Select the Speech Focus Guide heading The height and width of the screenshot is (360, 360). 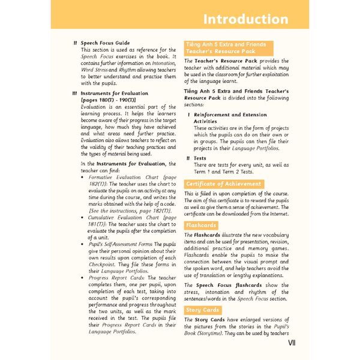(x=105, y=43)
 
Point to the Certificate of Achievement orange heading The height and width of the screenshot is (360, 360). (x=224, y=184)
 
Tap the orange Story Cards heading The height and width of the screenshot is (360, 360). (x=202, y=310)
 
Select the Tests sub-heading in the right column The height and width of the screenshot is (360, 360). (x=200, y=158)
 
